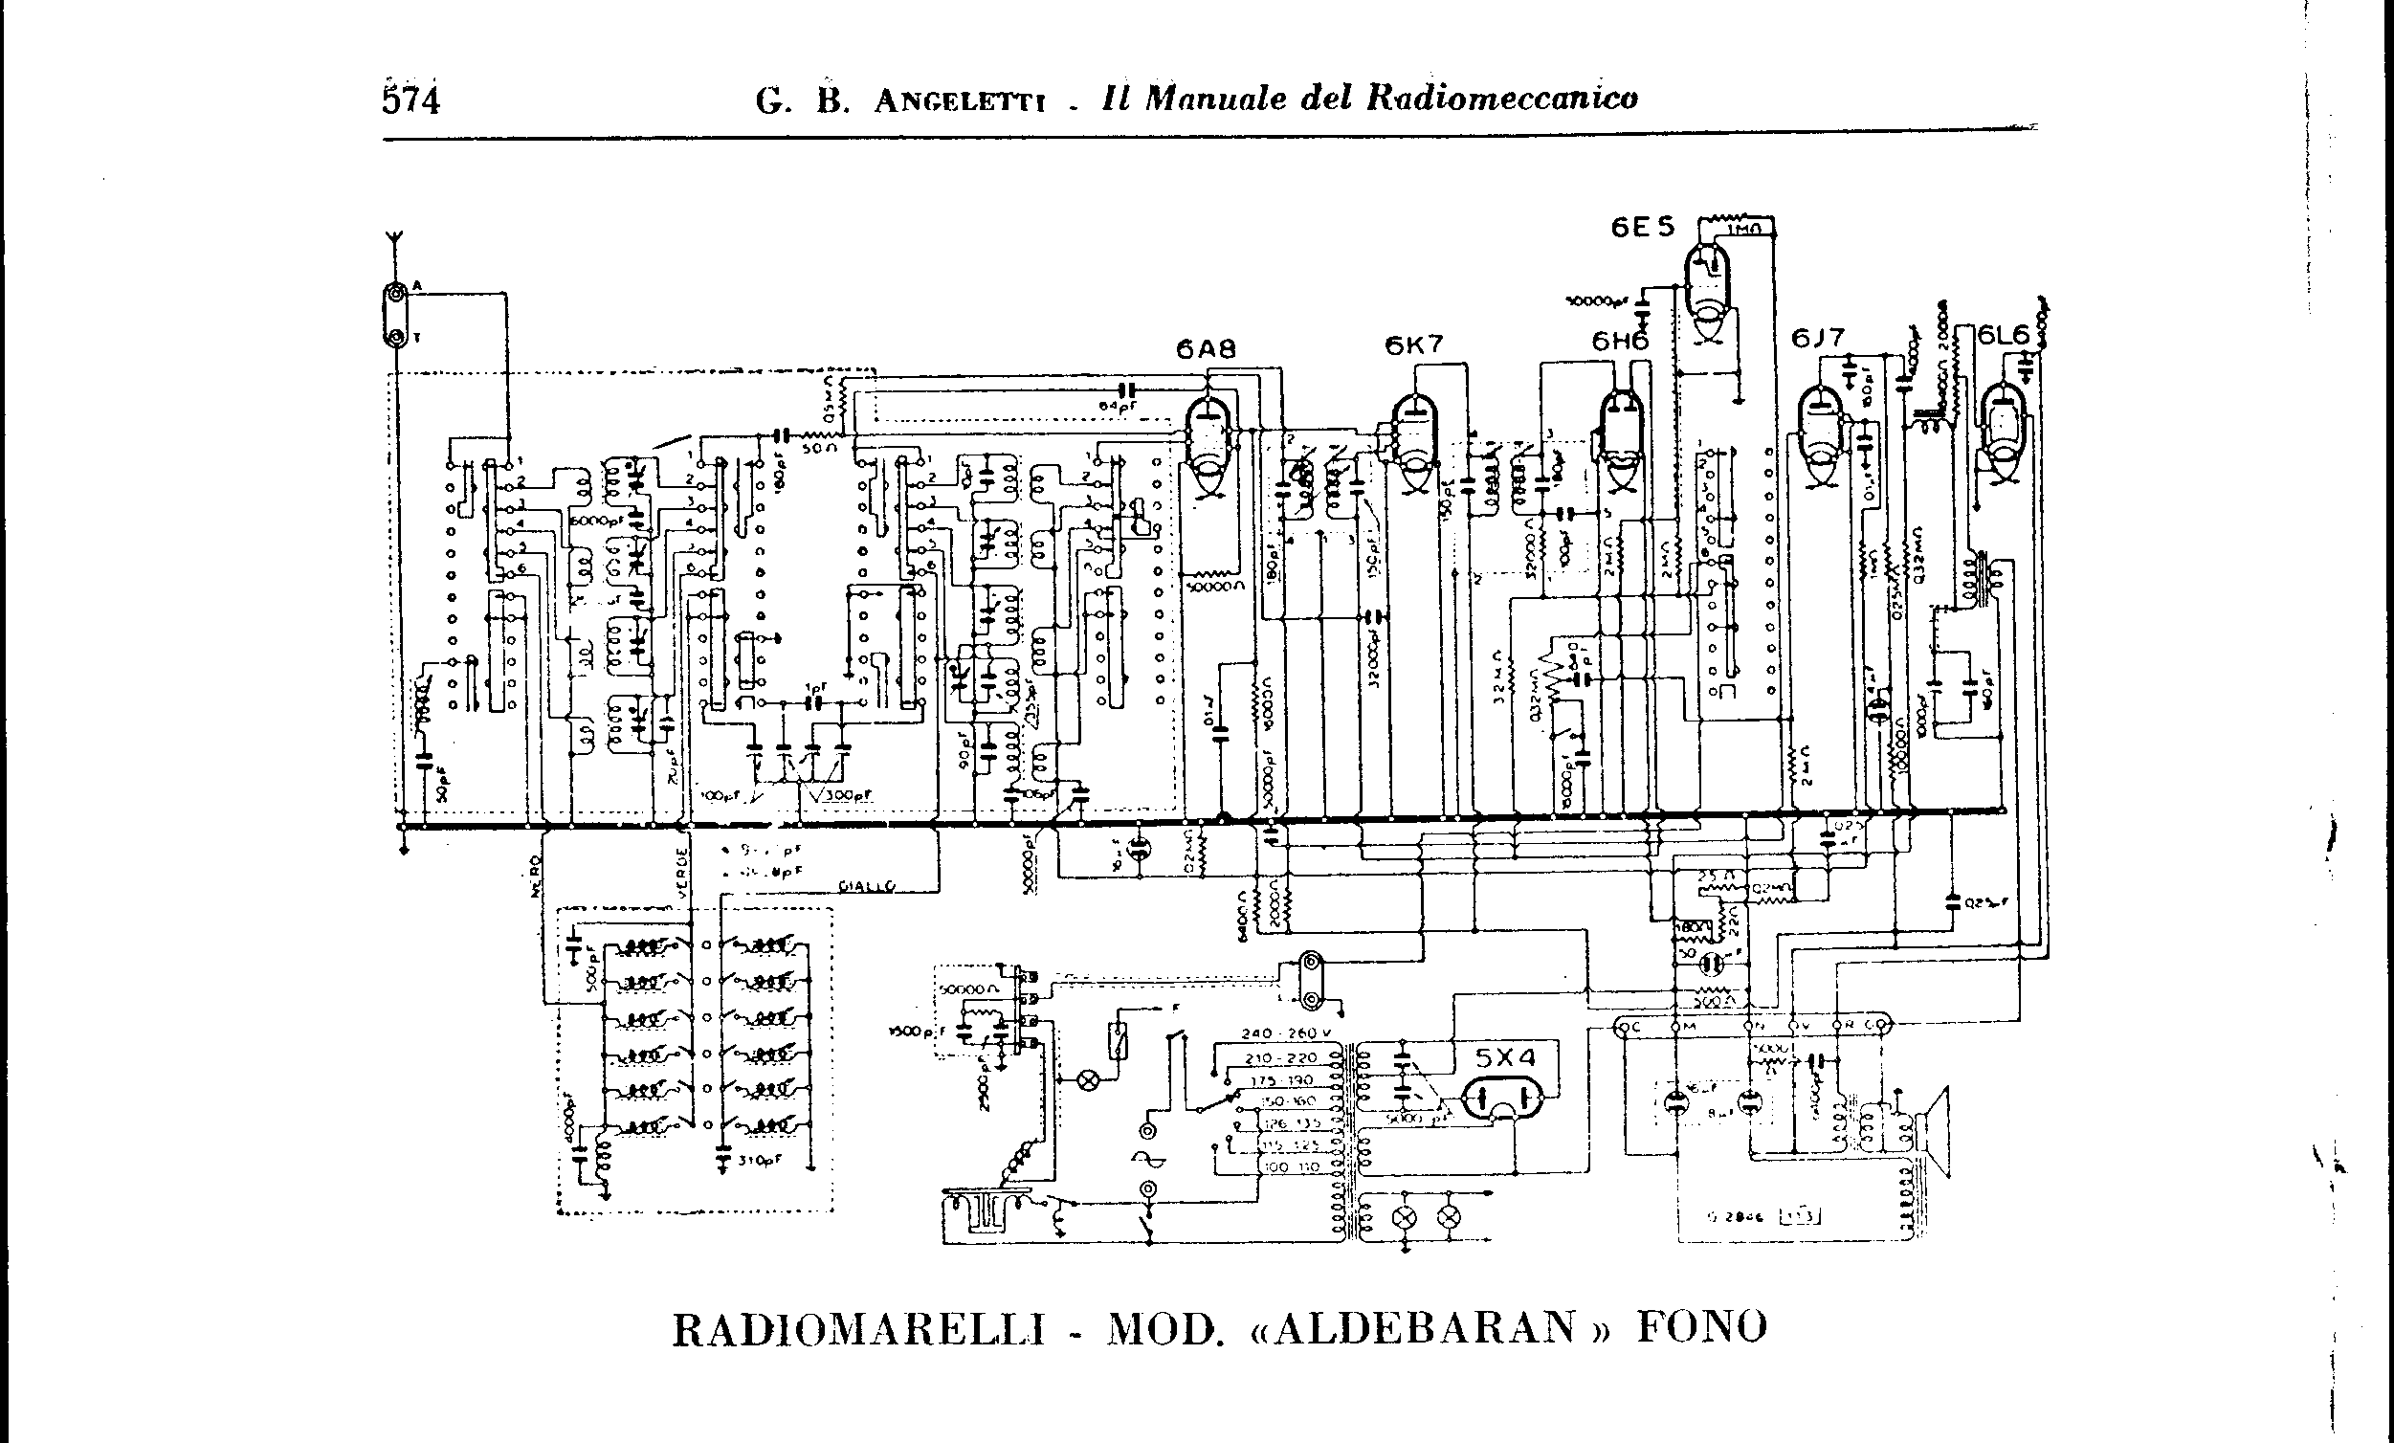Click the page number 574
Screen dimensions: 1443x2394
[411, 100]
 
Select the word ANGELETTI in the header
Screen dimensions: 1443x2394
[959, 101]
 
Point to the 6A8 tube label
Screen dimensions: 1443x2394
[1206, 349]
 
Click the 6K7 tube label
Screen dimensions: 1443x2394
[1414, 344]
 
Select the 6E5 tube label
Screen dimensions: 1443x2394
[1643, 228]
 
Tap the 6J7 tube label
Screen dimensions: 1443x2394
[1818, 338]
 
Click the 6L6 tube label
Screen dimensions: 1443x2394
[2005, 335]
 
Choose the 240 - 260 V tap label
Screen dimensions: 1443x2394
[1286, 1033]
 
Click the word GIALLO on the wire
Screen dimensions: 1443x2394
[868, 886]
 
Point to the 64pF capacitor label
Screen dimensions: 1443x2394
[1118, 406]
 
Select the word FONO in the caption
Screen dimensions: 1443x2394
[1702, 1327]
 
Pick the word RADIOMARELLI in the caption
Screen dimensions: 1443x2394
[859, 1330]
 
